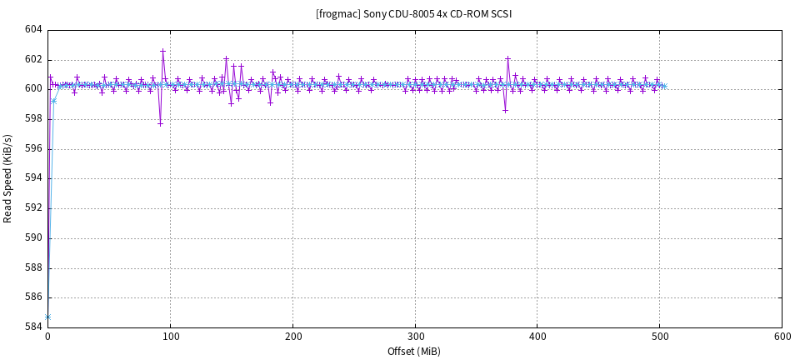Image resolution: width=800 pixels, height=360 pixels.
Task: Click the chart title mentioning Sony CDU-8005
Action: (x=414, y=14)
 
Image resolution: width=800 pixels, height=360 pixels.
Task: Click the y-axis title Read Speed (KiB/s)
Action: (x=8, y=178)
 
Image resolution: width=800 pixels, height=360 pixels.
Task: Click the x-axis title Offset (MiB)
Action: (x=414, y=351)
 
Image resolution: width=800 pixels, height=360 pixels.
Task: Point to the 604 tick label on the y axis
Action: (x=33, y=30)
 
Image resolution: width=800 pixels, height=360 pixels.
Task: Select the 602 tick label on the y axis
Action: (x=33, y=60)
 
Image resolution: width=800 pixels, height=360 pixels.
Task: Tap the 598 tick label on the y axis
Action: (x=33, y=119)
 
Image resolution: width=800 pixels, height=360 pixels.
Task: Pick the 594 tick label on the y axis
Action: (x=33, y=178)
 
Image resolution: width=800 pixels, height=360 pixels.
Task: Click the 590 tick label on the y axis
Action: (x=33, y=238)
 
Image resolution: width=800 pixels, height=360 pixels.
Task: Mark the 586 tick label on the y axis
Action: (x=33, y=297)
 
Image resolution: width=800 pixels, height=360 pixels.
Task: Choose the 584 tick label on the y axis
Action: (x=33, y=327)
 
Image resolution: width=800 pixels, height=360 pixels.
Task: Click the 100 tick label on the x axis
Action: (x=170, y=337)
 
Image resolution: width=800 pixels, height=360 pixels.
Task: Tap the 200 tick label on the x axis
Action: (x=292, y=337)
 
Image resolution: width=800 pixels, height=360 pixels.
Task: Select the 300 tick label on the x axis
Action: (x=415, y=337)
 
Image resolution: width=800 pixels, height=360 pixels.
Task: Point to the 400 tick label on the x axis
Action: (x=537, y=337)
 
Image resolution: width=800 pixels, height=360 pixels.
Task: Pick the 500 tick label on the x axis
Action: (x=659, y=337)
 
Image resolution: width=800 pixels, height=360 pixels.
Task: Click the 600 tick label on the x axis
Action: (x=782, y=337)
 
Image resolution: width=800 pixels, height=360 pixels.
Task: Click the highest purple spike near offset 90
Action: (x=162, y=51)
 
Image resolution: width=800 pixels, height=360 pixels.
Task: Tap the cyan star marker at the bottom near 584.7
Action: (x=48, y=317)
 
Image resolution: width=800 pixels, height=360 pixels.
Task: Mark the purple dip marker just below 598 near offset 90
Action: (x=160, y=123)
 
